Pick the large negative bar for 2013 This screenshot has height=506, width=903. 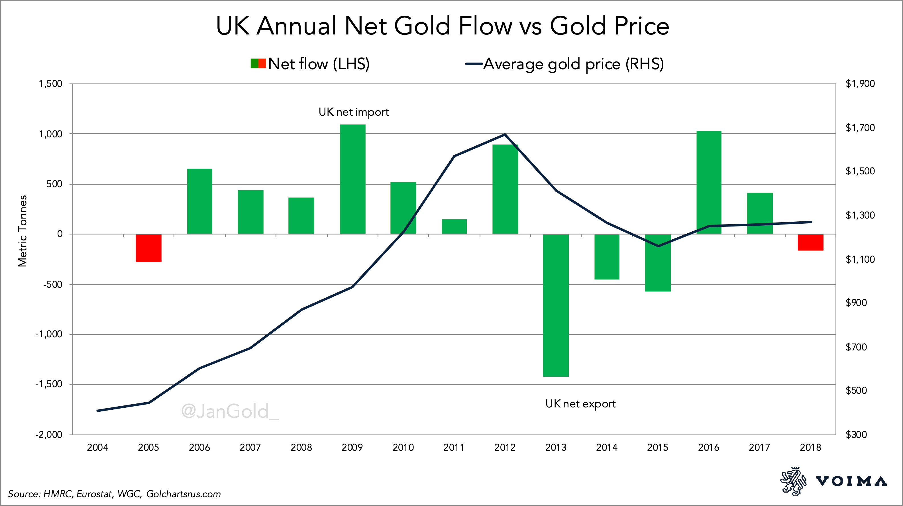point(556,305)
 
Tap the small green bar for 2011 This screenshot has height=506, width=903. point(454,227)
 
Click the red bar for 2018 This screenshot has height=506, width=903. point(810,242)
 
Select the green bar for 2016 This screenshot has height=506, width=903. point(708,182)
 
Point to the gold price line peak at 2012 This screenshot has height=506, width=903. point(505,134)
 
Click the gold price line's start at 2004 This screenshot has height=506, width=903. point(97,411)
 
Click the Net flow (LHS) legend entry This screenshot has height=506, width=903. point(310,64)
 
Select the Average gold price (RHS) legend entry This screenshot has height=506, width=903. point(565,64)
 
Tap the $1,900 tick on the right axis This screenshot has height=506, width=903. point(860,84)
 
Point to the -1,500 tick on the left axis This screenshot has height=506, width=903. point(49,384)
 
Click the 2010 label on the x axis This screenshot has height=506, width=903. point(403,448)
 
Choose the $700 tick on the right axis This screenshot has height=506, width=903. point(856,347)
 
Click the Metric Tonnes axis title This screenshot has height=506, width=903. point(23,231)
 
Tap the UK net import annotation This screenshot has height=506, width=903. point(353,112)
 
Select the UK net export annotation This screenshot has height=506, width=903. point(580,404)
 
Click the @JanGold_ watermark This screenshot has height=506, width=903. point(230,411)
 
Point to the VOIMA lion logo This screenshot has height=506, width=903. point(793,481)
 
